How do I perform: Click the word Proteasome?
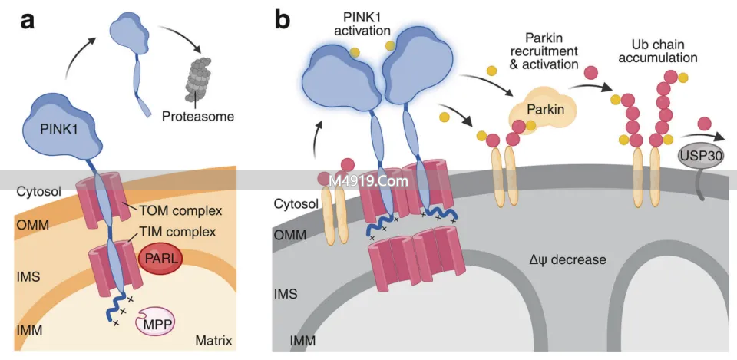(198, 117)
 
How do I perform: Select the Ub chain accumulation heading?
(660, 51)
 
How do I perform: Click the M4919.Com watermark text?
(367, 181)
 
